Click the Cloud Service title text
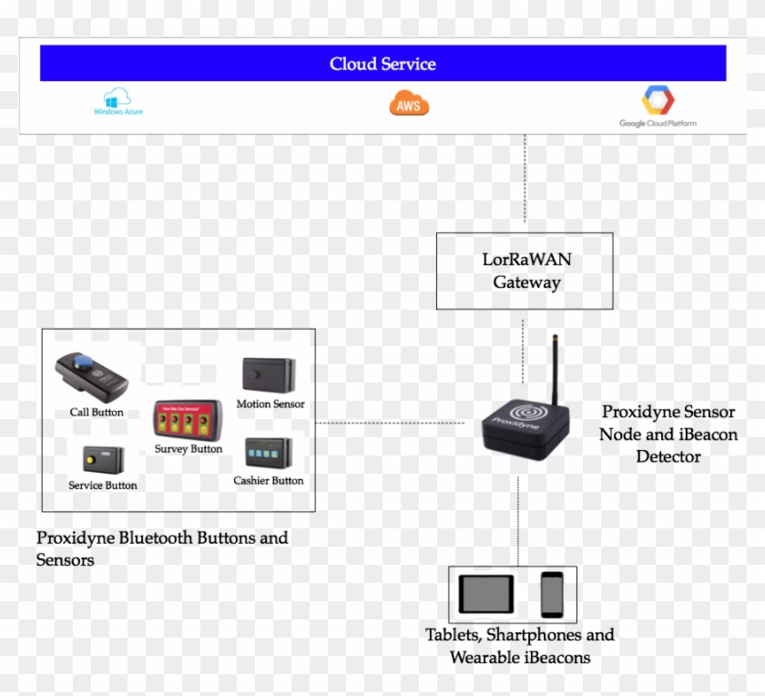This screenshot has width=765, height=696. [382, 64]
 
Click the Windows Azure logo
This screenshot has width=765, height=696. [117, 101]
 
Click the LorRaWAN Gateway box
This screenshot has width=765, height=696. [525, 271]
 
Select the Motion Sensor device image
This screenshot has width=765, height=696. [268, 375]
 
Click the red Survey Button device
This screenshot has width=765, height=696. [188, 422]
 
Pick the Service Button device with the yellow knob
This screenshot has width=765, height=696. [97, 458]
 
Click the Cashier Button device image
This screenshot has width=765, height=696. [269, 454]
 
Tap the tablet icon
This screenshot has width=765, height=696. [485, 594]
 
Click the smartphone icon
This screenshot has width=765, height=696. [552, 595]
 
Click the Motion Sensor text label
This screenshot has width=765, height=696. [270, 404]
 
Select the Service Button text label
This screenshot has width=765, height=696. [103, 486]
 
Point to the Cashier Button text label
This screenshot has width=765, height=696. [269, 480]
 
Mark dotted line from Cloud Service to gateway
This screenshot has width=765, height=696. [525, 182]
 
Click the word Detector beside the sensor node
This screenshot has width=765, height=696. [668, 456]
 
